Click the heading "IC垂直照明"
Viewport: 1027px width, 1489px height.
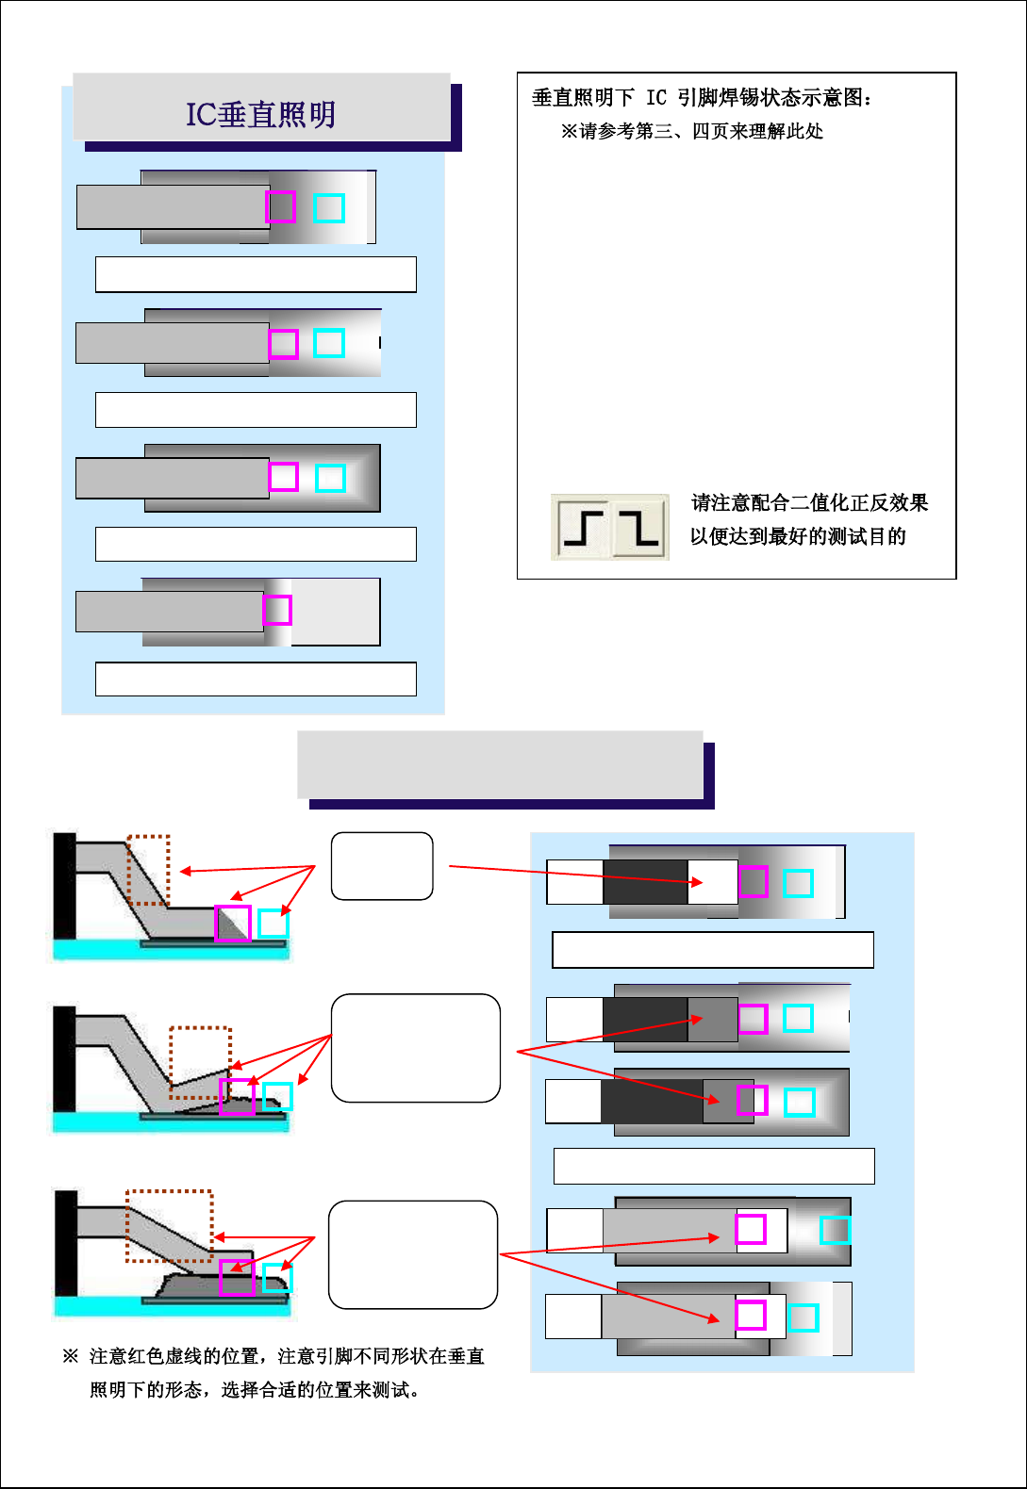(x=261, y=114)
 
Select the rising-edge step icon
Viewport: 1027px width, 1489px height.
(x=583, y=527)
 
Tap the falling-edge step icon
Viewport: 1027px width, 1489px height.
(x=639, y=527)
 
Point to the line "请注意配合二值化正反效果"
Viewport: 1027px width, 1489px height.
(x=809, y=502)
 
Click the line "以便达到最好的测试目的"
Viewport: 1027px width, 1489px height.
(x=798, y=536)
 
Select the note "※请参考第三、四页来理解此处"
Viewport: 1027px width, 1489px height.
(x=691, y=131)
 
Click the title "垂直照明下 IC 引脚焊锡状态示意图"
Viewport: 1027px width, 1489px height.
(x=702, y=97)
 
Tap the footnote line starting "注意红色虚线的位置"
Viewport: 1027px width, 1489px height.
(x=287, y=1356)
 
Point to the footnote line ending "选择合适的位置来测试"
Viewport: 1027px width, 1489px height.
(x=255, y=1390)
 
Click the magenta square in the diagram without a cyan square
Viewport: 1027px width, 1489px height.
(x=277, y=611)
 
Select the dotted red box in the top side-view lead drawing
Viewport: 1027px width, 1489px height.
(x=148, y=870)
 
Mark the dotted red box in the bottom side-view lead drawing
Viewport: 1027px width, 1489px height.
(x=170, y=1226)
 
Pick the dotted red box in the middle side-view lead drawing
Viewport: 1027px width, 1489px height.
(x=200, y=1062)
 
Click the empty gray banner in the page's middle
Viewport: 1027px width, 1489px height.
(x=500, y=764)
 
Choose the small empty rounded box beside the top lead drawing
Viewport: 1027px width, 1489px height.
(x=382, y=866)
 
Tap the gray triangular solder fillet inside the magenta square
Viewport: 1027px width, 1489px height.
(x=236, y=926)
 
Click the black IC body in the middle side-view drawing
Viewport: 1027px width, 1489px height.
(x=64, y=1058)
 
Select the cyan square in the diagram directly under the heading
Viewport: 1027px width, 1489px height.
(x=329, y=208)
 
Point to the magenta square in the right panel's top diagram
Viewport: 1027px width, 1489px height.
(x=754, y=882)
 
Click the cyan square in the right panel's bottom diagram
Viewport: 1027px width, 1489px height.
(x=803, y=1317)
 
